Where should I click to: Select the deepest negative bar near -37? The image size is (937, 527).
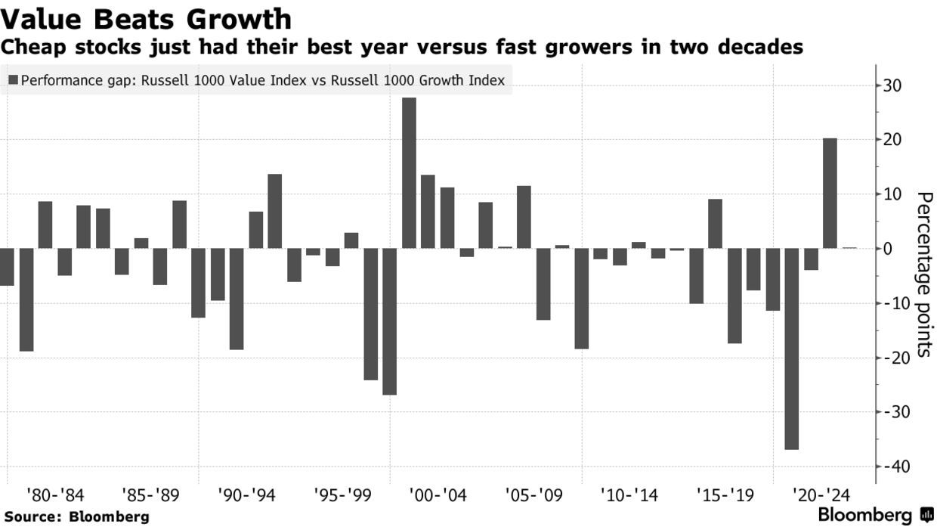tap(791, 348)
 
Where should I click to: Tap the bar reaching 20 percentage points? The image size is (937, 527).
tap(830, 193)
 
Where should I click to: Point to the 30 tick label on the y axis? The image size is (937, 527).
tap(892, 85)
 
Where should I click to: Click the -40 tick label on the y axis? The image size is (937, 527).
tap(892, 467)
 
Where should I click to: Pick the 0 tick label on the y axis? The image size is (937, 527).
tap(888, 249)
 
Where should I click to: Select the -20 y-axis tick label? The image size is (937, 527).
tap(892, 358)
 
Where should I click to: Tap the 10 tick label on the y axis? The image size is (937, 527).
tap(892, 194)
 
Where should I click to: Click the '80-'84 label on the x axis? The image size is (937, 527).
tap(55, 496)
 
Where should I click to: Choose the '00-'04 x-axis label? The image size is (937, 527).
tap(438, 496)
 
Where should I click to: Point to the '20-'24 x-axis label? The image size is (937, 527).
tap(821, 496)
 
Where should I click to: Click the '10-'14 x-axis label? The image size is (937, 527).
tap(629, 496)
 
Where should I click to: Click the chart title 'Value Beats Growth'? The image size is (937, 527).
tap(146, 18)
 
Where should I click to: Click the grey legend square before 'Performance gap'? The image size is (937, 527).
tap(14, 79)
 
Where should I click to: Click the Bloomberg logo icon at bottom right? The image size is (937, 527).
tap(926, 516)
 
